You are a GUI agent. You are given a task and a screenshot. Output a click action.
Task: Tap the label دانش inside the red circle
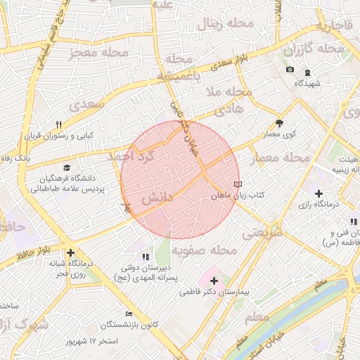tap(158, 200)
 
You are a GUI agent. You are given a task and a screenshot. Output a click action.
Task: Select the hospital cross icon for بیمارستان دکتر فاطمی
tap(214, 281)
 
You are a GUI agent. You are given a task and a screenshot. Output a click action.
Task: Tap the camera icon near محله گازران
tap(290, 69)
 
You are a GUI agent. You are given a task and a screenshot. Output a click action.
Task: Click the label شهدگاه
tap(307, 83)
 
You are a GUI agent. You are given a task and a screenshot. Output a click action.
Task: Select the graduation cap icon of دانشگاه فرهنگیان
tap(66, 167)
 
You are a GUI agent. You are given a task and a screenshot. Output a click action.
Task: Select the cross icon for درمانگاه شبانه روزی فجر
tap(70, 253)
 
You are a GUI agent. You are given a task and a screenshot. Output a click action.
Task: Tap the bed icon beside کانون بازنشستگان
tap(128, 314)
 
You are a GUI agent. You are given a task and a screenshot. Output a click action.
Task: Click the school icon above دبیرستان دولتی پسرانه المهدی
tap(146, 257)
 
